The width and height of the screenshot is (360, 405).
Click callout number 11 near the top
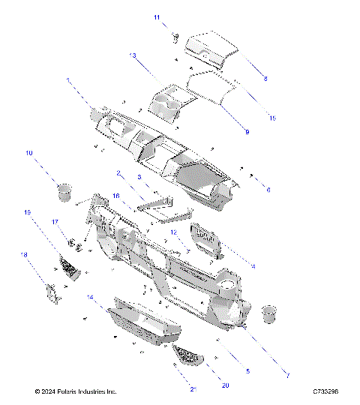(x=157, y=16)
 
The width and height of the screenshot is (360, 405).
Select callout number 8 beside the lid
(x=265, y=78)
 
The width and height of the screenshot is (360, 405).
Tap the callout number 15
(x=272, y=118)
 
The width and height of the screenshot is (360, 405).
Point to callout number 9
(x=247, y=132)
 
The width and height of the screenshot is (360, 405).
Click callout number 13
(x=132, y=55)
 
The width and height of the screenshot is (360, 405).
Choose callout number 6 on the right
(x=268, y=190)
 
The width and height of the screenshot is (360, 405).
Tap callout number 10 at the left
(x=30, y=153)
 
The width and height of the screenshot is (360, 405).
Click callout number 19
(x=28, y=213)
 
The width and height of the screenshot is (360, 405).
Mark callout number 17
(x=55, y=222)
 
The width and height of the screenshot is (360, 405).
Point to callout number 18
(x=24, y=255)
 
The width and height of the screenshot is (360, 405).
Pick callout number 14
(x=90, y=298)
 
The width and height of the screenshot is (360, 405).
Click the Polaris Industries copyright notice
(x=76, y=391)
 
